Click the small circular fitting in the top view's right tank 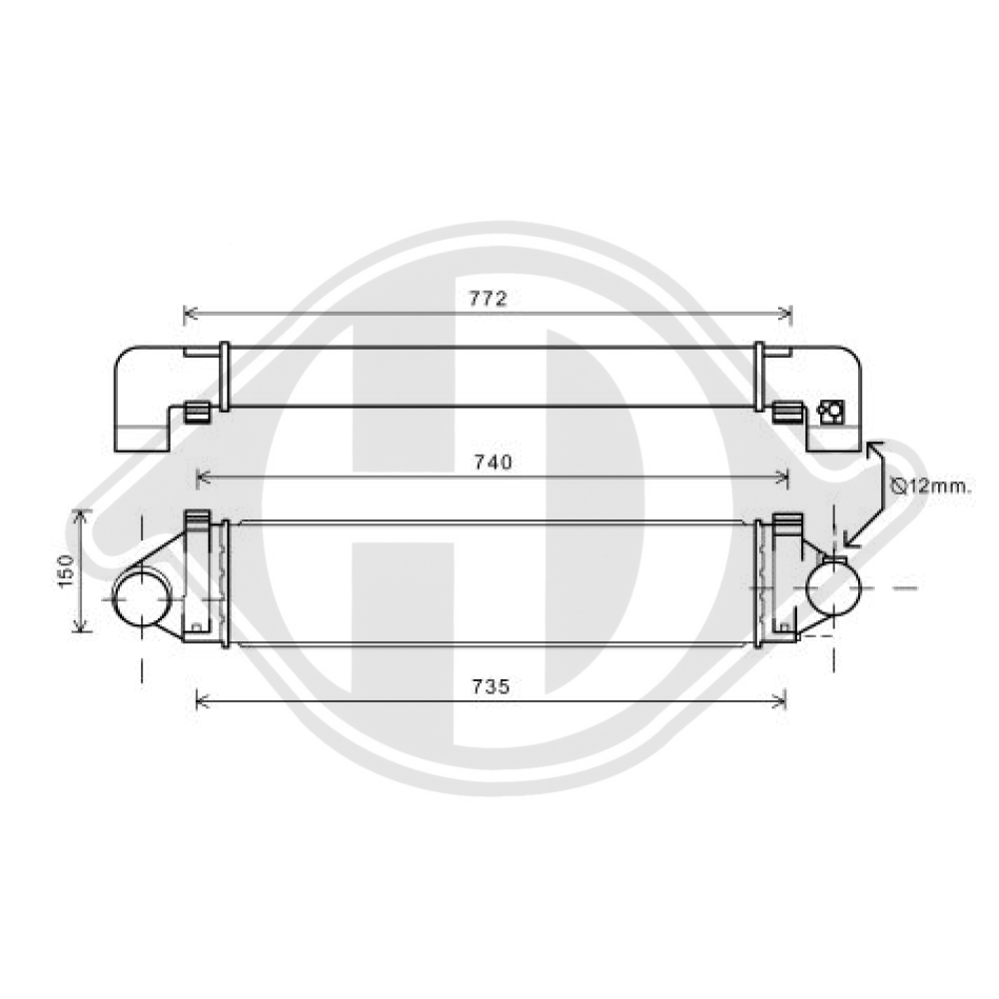tap(830, 411)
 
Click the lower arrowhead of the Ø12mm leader tap(849, 542)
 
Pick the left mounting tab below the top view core tap(197, 411)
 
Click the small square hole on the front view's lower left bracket tap(196, 627)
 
